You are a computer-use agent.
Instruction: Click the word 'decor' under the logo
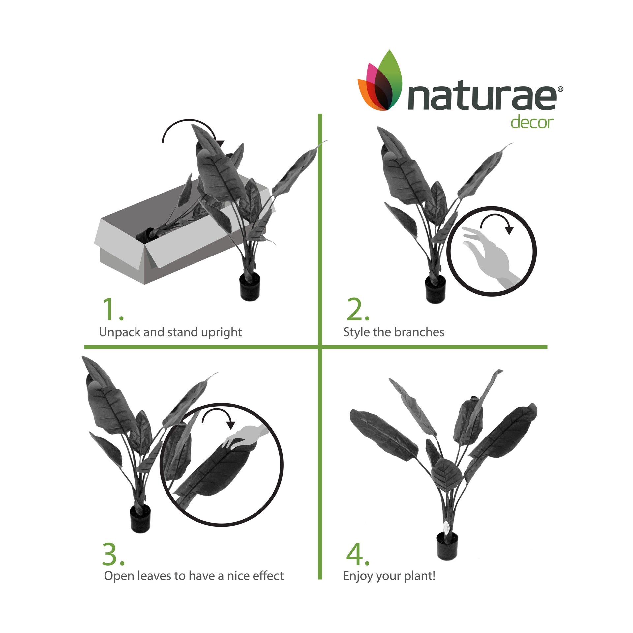[531, 122]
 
